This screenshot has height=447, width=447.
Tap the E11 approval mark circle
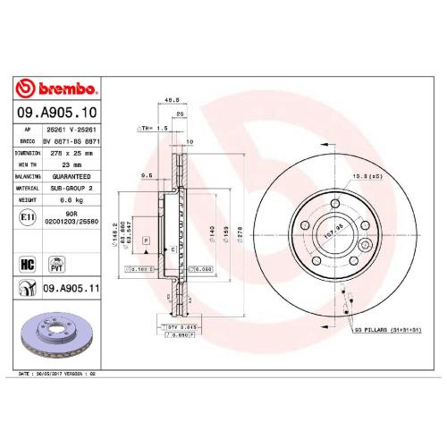point(27,217)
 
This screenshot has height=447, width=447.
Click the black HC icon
point(27,266)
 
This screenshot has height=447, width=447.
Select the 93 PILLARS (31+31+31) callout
point(386,331)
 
